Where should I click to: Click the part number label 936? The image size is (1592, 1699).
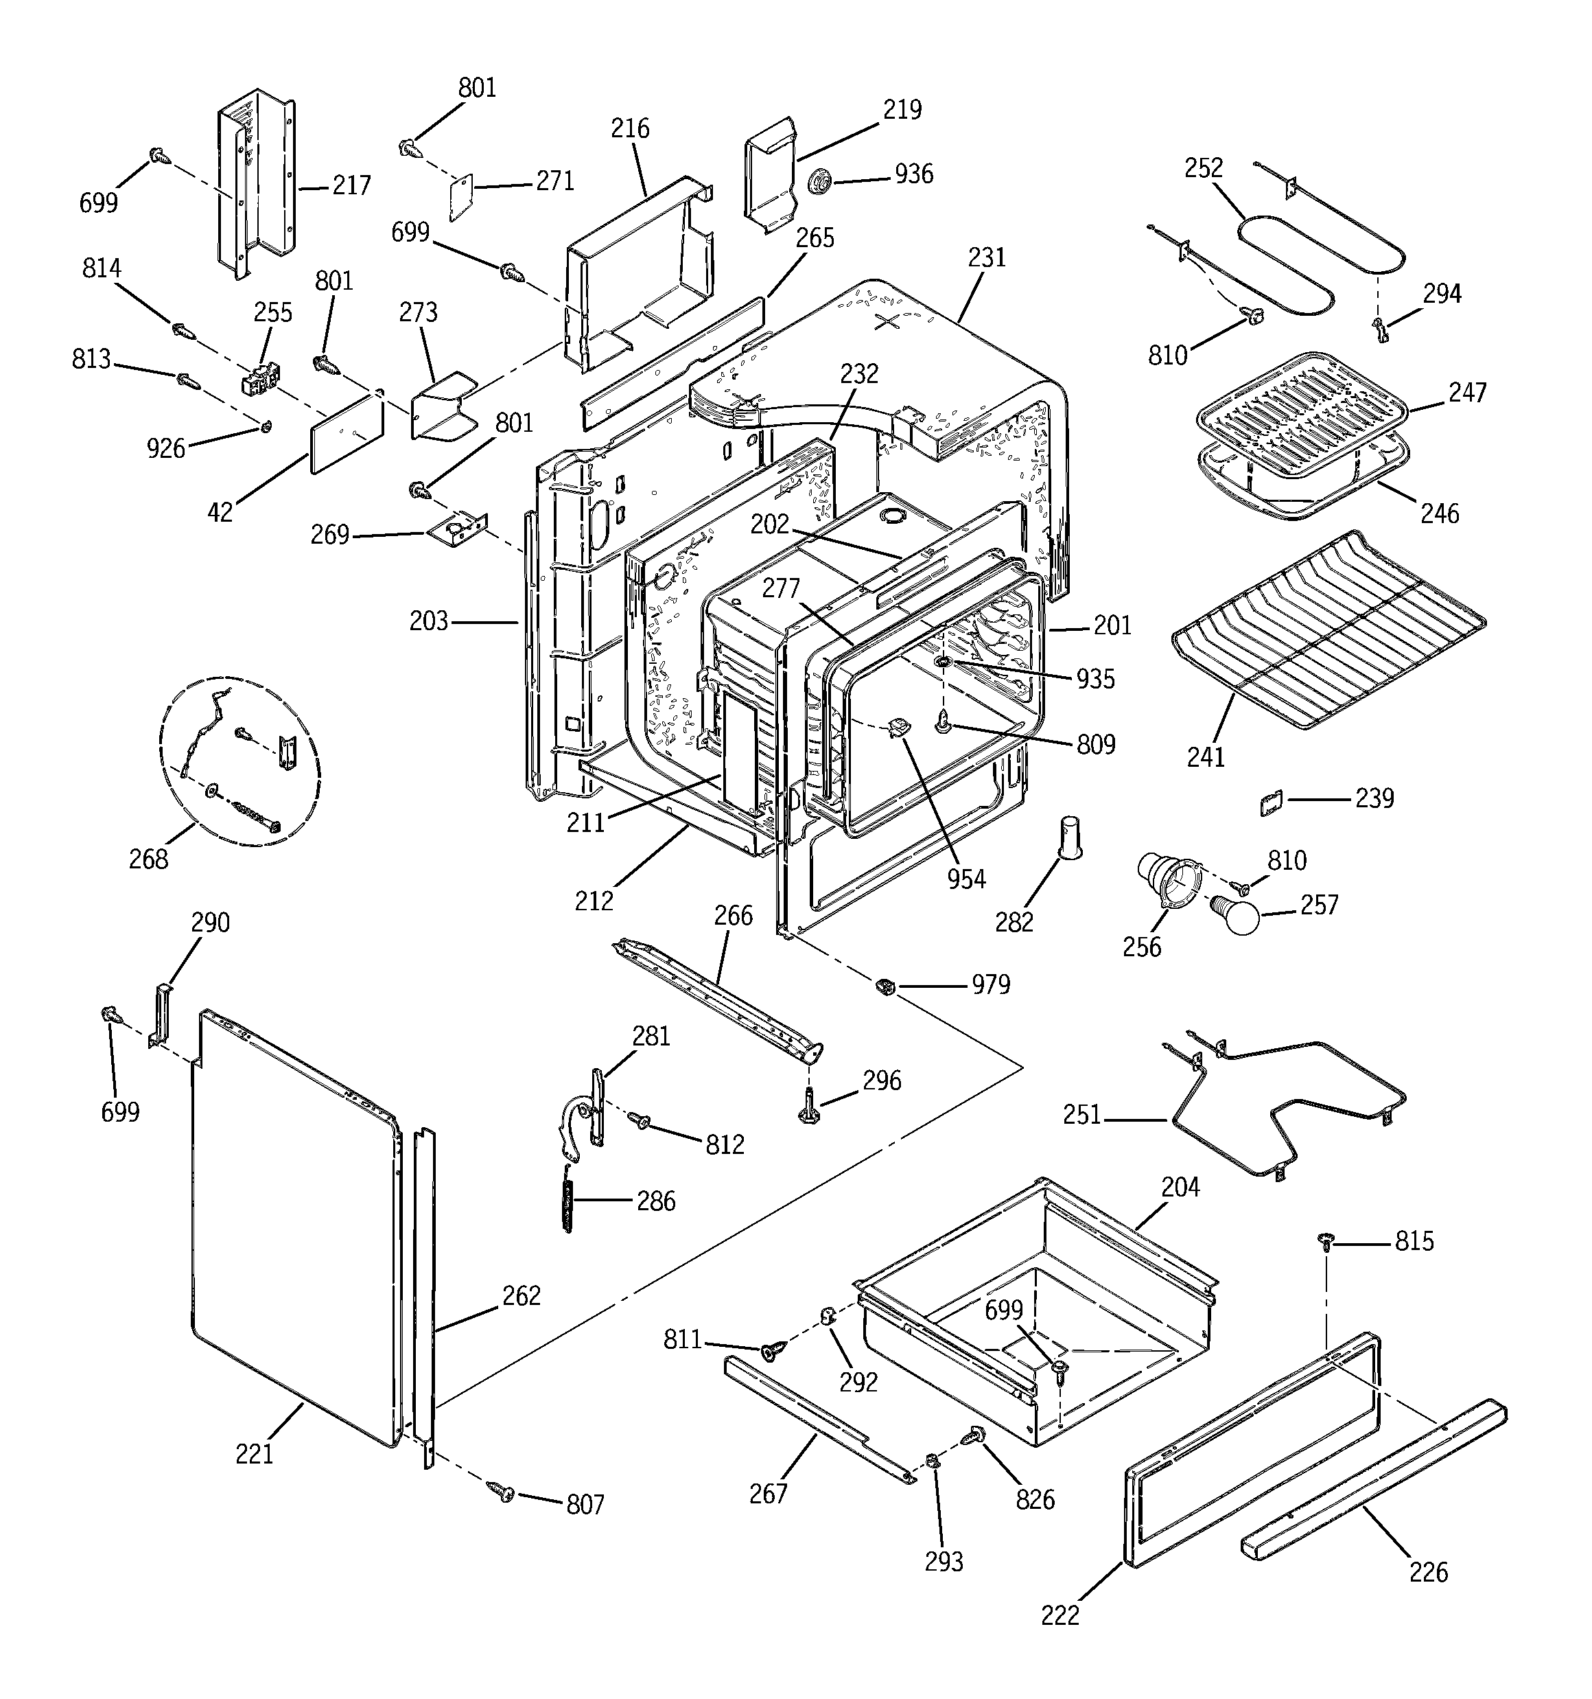coord(913,174)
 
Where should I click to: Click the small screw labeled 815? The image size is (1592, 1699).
coord(1325,1241)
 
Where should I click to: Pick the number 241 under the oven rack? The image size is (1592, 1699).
coord(1206,756)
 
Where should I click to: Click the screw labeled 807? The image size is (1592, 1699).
coord(502,1492)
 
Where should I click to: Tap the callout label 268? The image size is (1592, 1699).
coord(149,859)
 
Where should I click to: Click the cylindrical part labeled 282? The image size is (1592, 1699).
coord(1070,836)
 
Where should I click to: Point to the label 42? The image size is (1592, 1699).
coord(220,512)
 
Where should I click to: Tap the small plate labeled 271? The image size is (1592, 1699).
coord(461,198)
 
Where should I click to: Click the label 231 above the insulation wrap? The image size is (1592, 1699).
coord(987,257)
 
